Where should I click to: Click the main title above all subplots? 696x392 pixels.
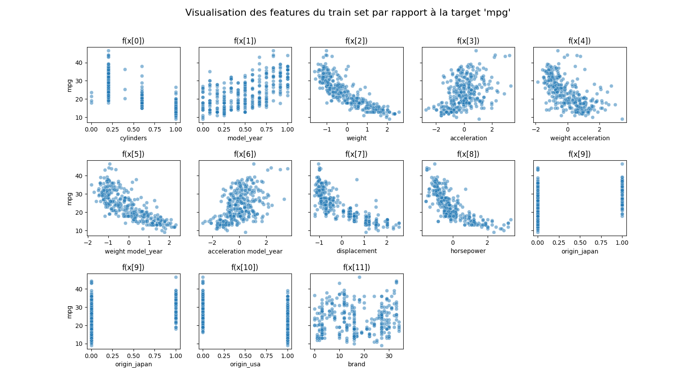(348, 13)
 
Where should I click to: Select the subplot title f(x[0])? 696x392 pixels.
(133, 41)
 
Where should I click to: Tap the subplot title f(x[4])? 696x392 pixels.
(579, 41)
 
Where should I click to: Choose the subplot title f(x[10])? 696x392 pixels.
(244, 267)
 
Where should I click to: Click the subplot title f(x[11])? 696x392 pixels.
(356, 267)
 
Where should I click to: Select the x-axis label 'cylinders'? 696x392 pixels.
(133, 138)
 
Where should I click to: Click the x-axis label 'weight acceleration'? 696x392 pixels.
(579, 138)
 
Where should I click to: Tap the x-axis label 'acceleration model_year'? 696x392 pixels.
(245, 251)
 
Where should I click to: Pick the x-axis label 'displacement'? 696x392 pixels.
(356, 251)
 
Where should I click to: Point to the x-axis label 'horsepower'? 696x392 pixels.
(468, 251)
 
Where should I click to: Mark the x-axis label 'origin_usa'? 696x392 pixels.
(245, 364)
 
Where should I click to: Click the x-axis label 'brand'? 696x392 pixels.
(356, 364)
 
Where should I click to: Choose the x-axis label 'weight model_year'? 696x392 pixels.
(133, 251)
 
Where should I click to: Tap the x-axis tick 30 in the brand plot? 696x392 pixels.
(388, 356)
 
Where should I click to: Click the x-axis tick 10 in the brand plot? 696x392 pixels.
(339, 356)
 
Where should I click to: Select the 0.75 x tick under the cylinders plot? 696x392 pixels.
(155, 129)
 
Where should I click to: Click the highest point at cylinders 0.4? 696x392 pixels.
(125, 69)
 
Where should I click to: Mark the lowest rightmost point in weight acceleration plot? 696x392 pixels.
(622, 119)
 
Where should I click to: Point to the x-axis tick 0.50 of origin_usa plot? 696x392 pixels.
(245, 356)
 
